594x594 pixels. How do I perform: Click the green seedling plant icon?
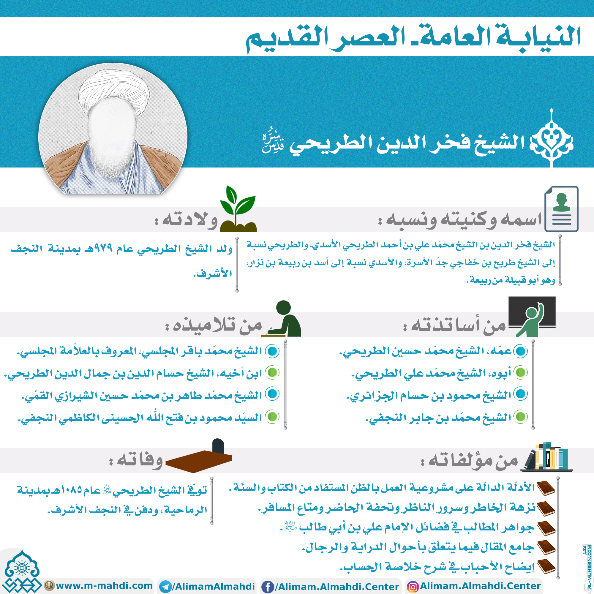coord(238,209)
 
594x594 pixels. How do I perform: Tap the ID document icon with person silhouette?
coord(561,209)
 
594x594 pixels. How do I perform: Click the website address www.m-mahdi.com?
coord(104,585)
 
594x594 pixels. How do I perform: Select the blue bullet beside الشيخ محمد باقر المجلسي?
coord(272,351)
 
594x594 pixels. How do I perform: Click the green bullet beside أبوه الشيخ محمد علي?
coord(521,373)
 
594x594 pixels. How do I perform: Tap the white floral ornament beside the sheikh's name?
coord(552,140)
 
